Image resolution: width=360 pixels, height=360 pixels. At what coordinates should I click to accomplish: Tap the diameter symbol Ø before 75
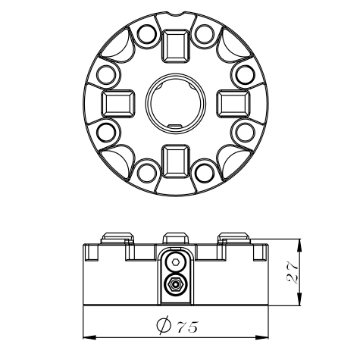[x=163, y=325]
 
